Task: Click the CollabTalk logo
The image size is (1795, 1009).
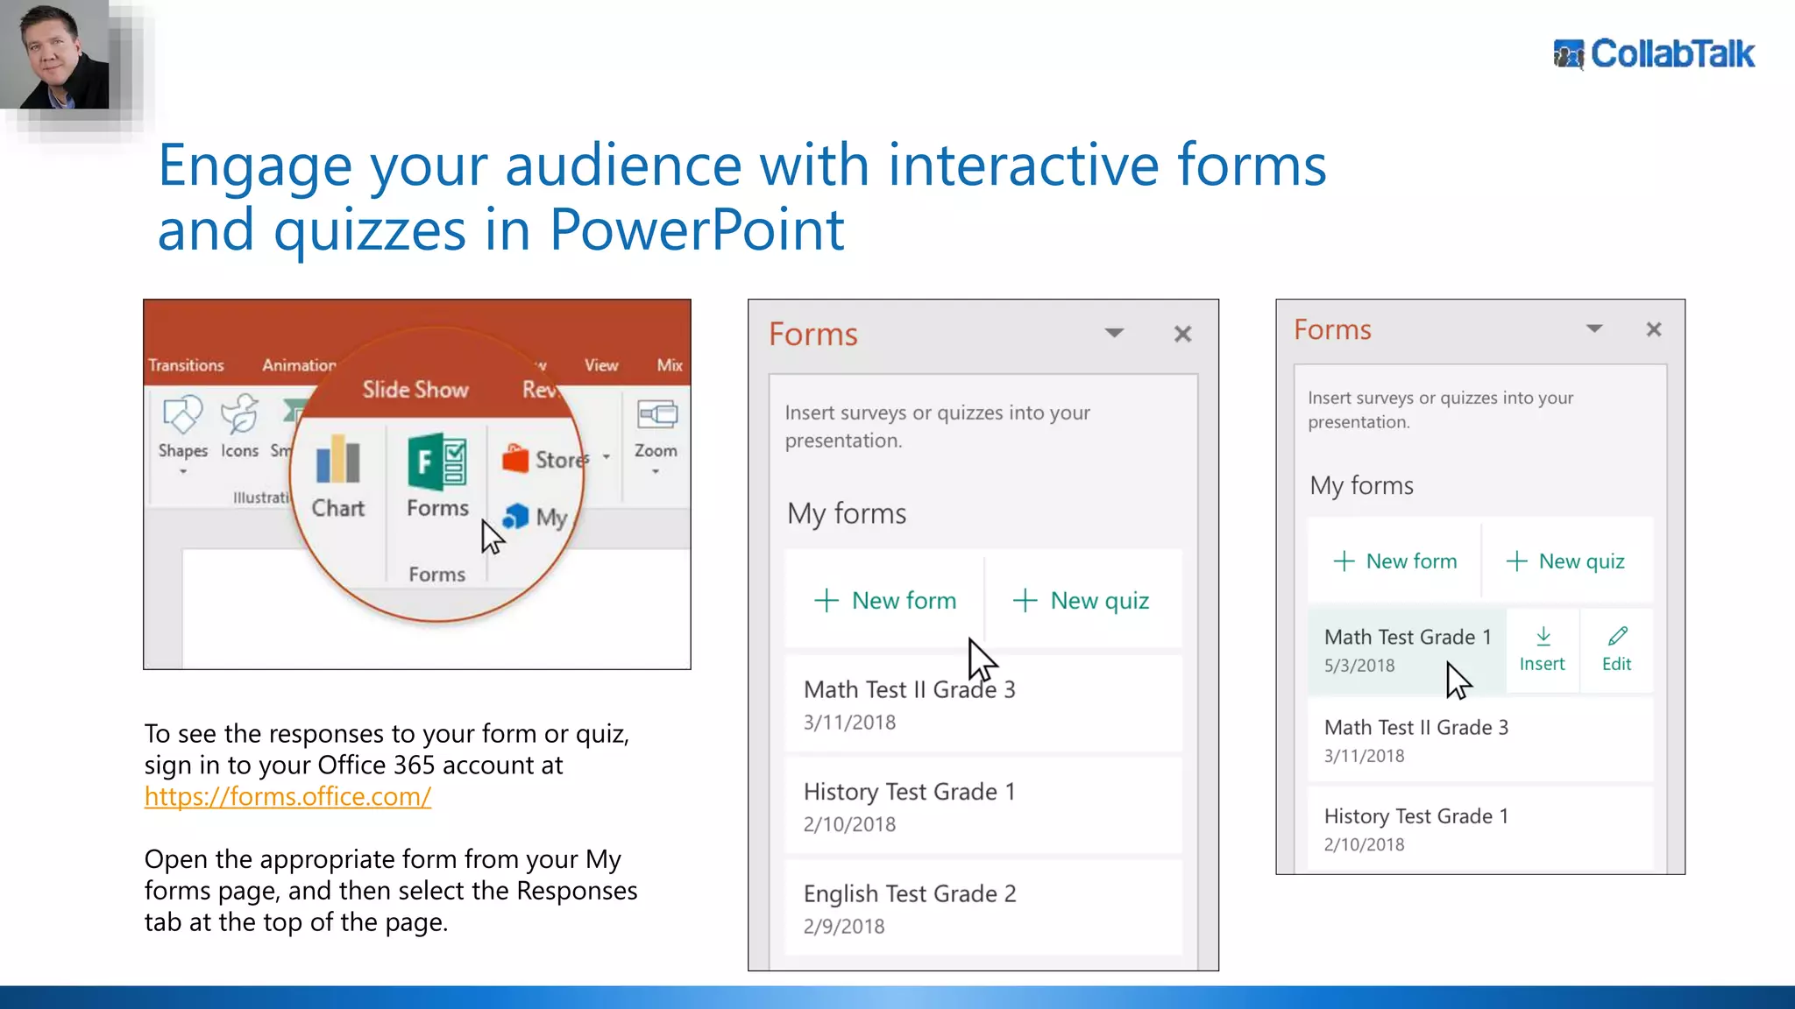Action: (x=1654, y=54)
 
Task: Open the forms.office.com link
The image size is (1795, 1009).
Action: (x=287, y=796)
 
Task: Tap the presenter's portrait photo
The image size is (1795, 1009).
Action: (x=54, y=54)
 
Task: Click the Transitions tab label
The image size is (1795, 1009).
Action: (x=186, y=365)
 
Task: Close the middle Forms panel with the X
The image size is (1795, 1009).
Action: (x=1182, y=334)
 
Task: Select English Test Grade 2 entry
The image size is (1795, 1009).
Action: (x=910, y=894)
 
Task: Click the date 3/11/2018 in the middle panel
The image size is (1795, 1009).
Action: (x=849, y=723)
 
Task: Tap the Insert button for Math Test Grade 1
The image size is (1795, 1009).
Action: (x=1543, y=650)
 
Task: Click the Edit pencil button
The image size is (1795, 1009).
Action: (x=1617, y=650)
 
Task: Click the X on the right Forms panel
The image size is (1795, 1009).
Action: (x=1654, y=329)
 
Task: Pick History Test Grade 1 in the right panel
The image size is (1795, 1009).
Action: (x=1416, y=816)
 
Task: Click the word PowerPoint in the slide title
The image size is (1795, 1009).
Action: (x=697, y=230)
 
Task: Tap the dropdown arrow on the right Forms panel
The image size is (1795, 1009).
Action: (x=1594, y=329)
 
